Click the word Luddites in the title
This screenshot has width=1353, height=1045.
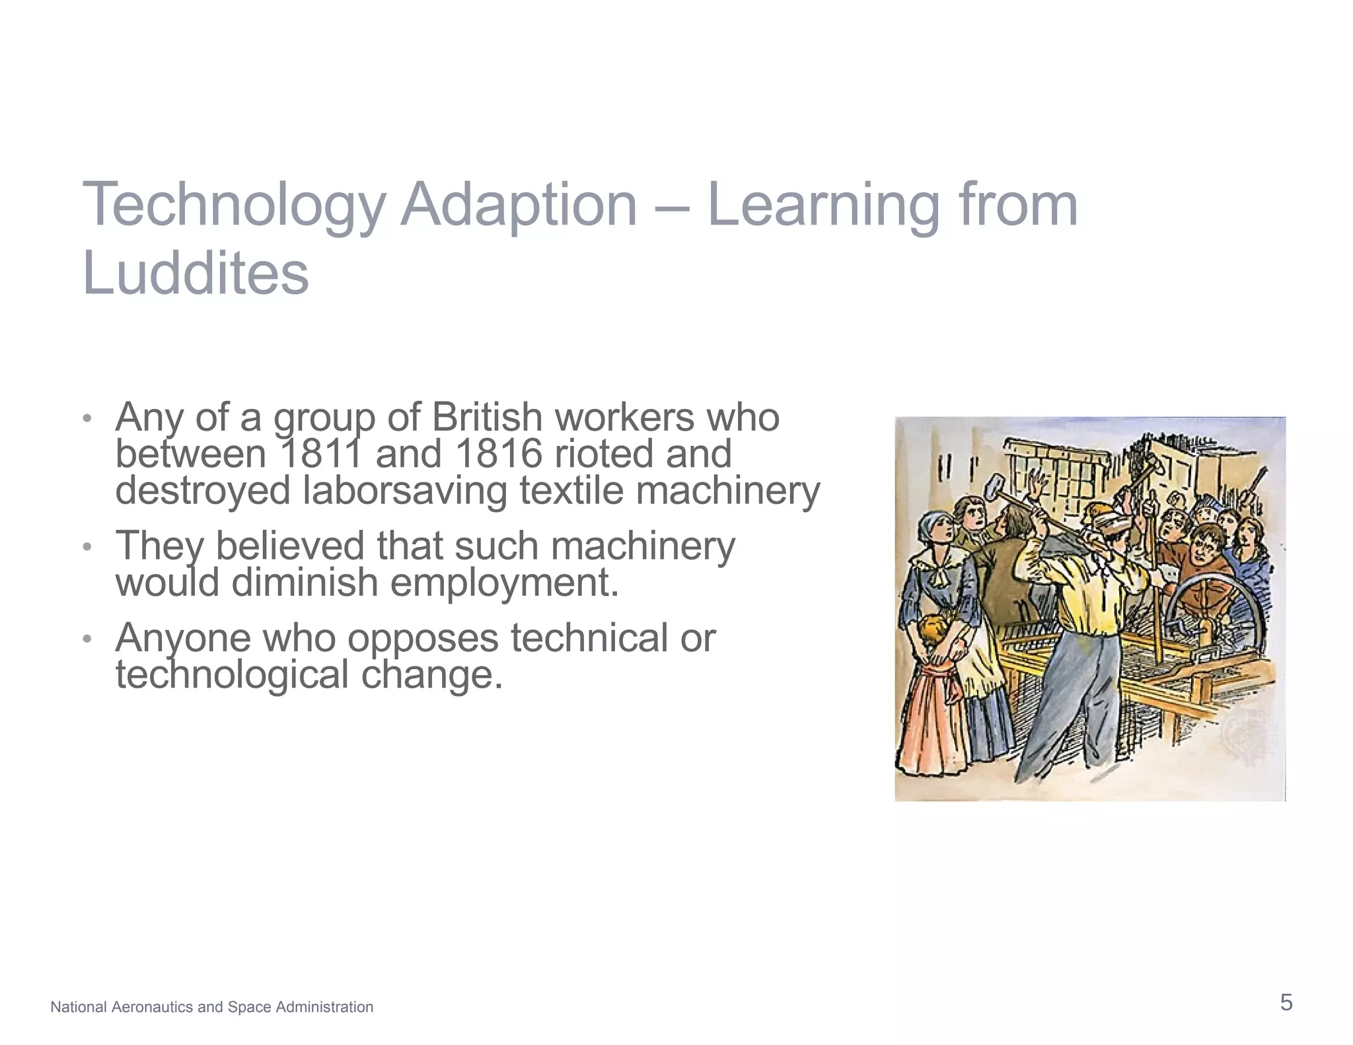196,273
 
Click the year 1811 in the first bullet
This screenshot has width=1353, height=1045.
322,454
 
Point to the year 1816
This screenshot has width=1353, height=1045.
497,454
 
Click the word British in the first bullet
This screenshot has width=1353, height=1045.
487,417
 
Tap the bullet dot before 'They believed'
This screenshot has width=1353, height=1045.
87,547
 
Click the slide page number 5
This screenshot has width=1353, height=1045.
1286,1003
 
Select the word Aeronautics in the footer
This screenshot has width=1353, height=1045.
150,1007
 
